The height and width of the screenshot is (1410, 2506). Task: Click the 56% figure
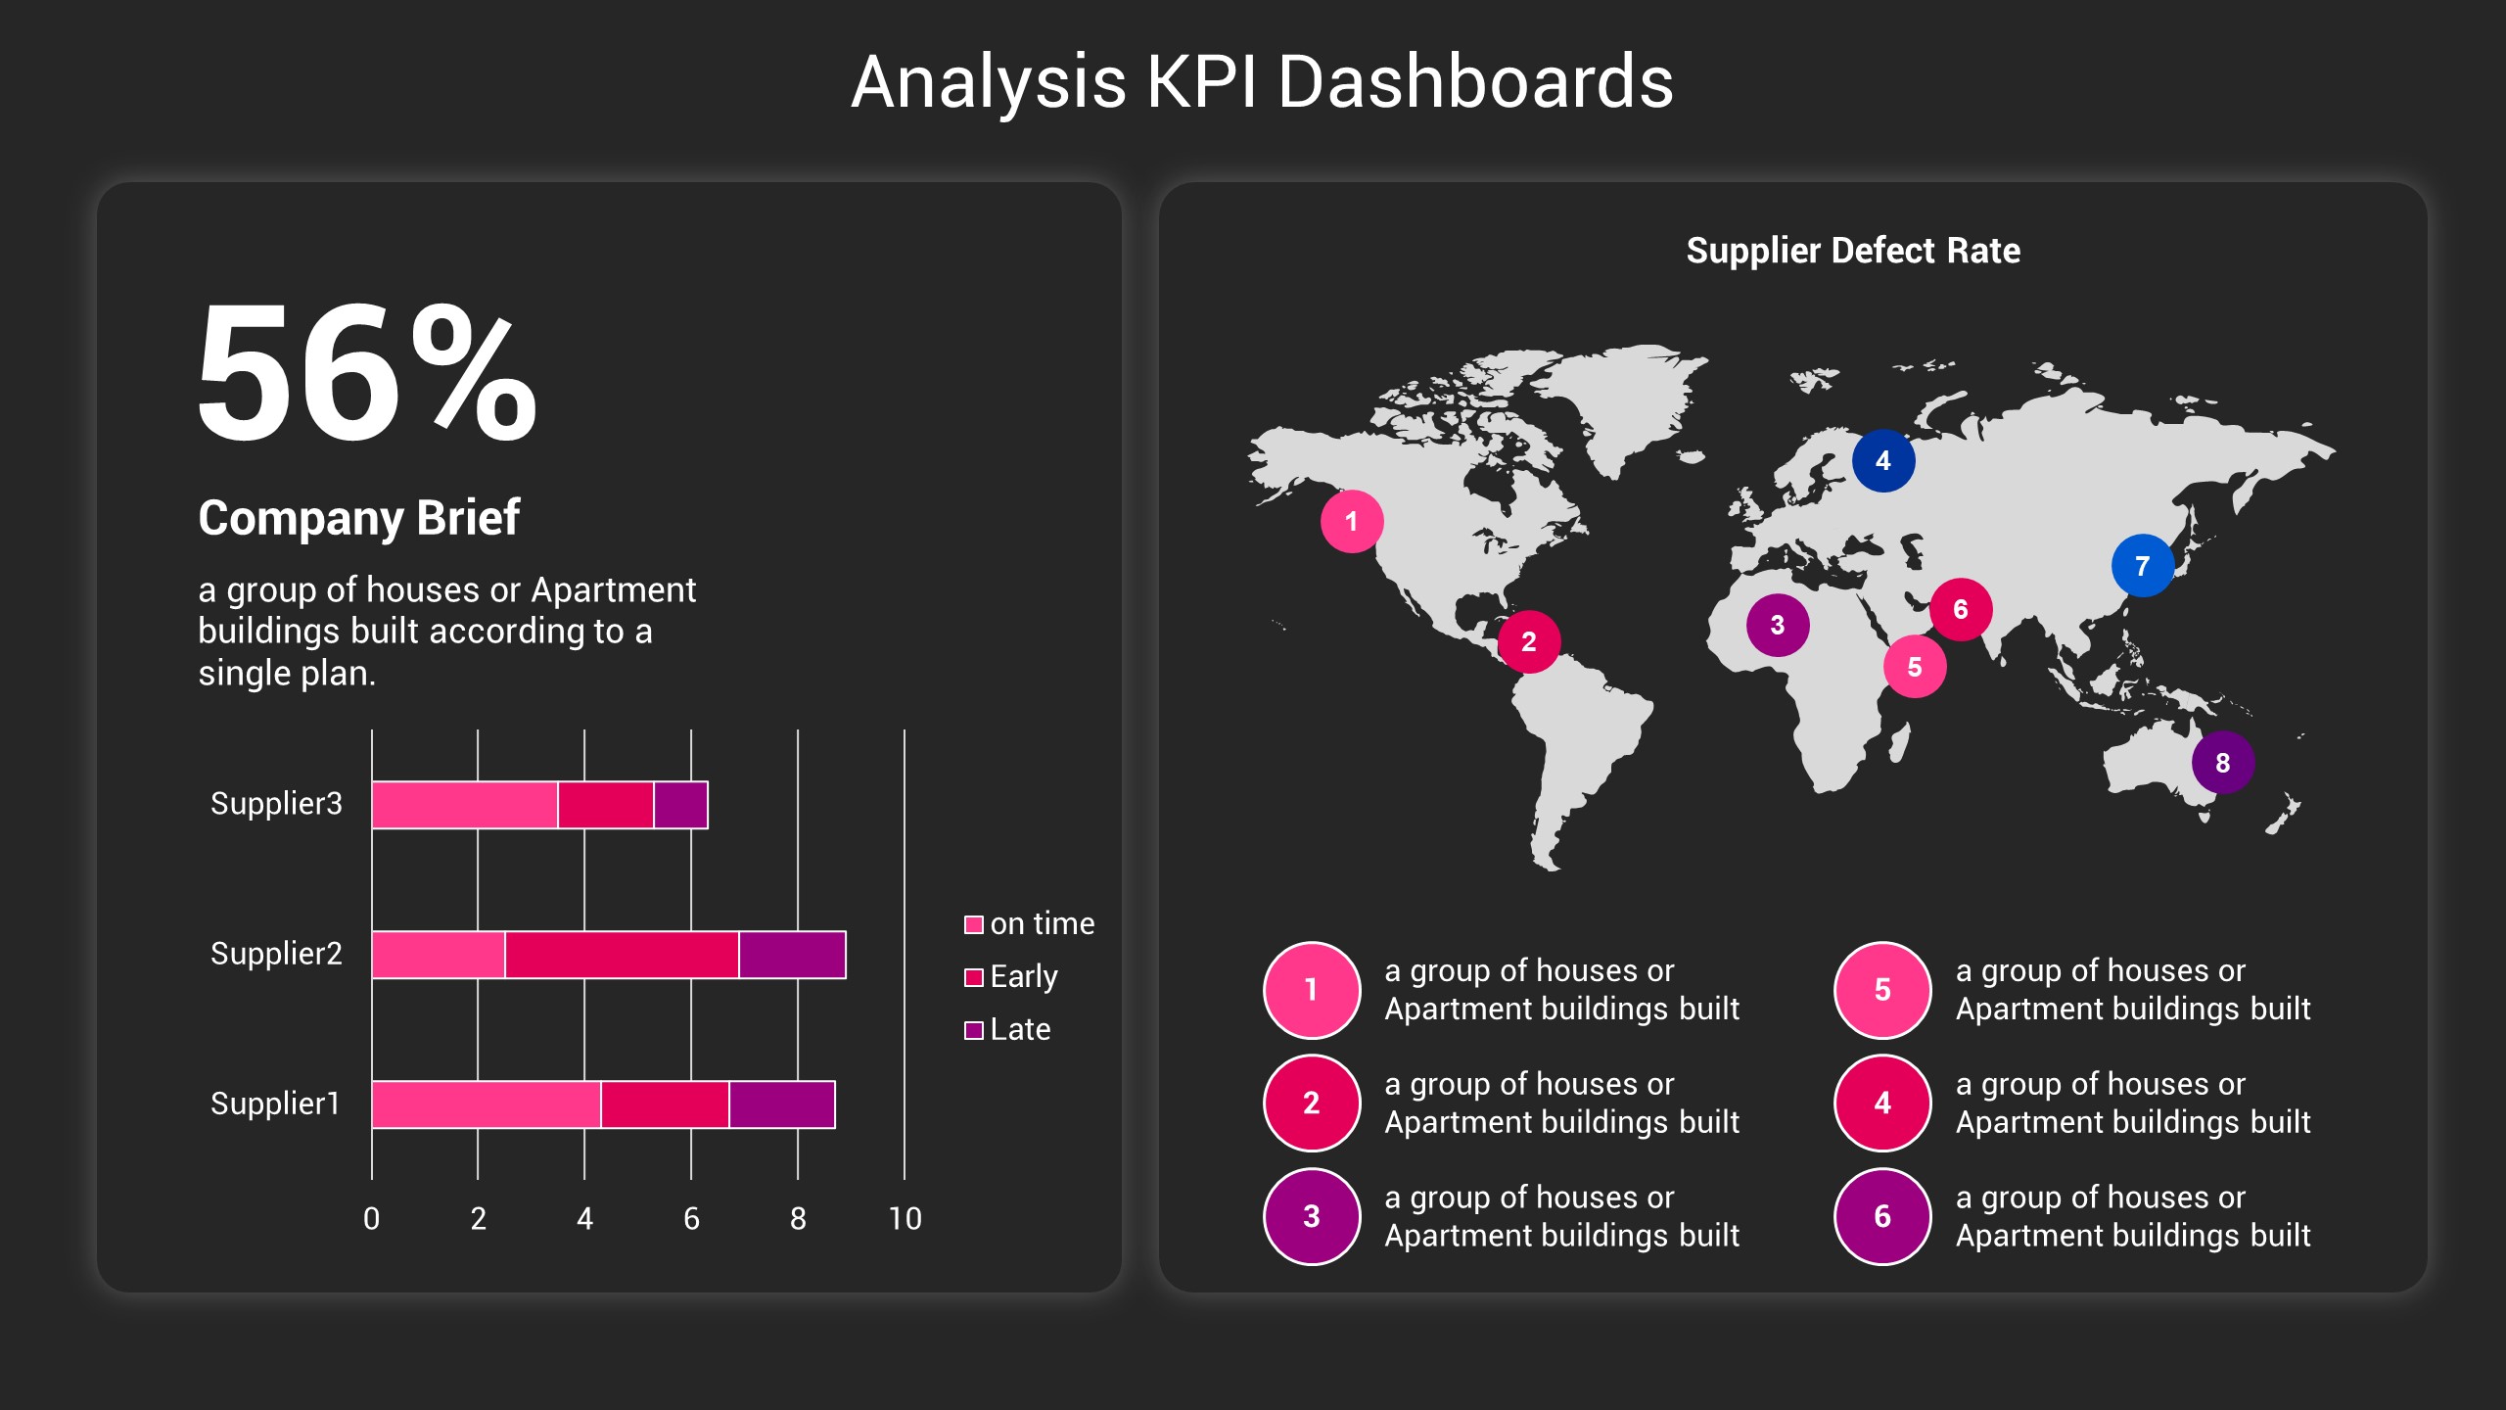[367, 374]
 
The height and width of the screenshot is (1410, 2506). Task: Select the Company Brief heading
[358, 518]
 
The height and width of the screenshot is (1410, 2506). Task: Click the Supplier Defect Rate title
[1852, 251]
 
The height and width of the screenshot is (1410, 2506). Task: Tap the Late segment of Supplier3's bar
[680, 805]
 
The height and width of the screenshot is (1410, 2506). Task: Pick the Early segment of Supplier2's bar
[622, 955]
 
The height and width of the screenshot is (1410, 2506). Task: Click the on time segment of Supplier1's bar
[486, 1104]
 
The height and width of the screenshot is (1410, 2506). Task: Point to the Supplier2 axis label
[276, 954]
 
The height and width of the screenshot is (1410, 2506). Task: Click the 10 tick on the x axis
[905, 1219]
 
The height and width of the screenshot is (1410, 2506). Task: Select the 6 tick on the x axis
[691, 1219]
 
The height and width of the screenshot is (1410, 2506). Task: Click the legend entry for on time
[1029, 924]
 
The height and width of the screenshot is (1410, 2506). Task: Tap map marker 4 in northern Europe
[1882, 460]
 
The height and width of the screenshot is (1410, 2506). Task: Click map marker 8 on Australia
[2222, 763]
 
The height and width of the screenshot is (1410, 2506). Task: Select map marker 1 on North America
[1351, 522]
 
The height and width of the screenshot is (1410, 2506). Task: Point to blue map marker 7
[2142, 566]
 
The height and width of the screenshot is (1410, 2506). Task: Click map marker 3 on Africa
[1777, 626]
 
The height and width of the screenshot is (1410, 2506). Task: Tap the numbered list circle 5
[1881, 990]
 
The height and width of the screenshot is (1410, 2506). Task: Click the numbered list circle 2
[1311, 1104]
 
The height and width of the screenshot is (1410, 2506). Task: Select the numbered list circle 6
[1881, 1217]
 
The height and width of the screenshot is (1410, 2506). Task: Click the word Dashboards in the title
[1475, 82]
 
